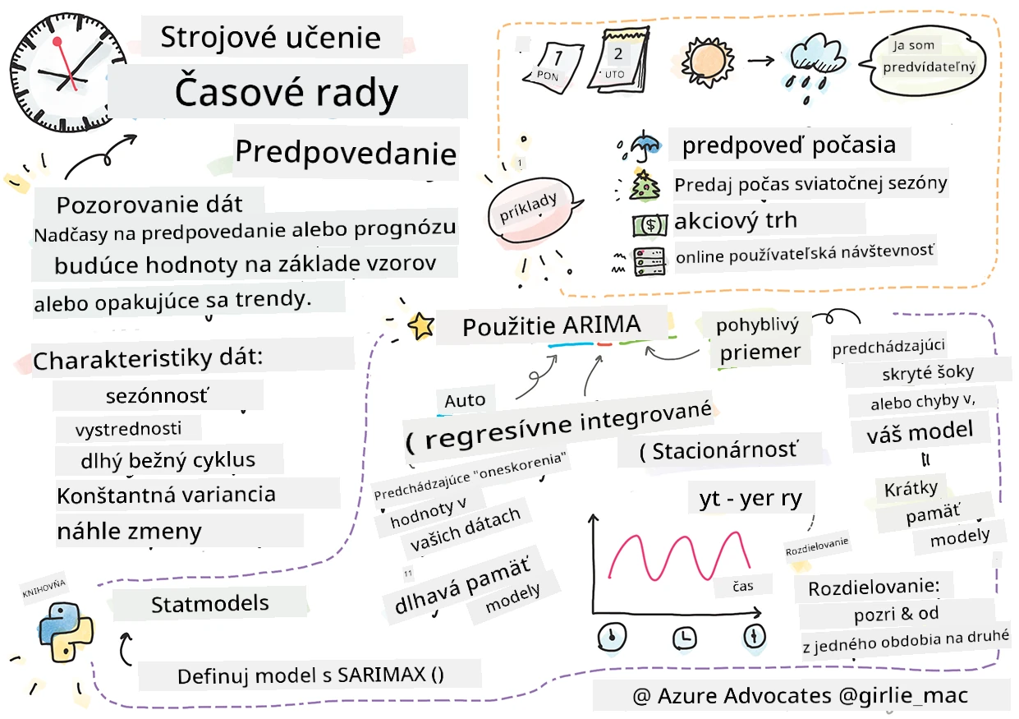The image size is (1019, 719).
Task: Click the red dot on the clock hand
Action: tap(57, 42)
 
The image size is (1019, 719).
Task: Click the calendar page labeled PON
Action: tap(553, 68)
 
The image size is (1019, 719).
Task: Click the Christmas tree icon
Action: tap(643, 186)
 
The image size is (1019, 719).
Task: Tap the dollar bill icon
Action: tap(650, 225)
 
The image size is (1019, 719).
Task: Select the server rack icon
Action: tap(649, 261)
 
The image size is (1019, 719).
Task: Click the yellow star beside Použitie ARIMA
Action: tap(421, 326)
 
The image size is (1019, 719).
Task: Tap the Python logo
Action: tap(67, 632)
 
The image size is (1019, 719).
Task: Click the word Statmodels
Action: tap(209, 604)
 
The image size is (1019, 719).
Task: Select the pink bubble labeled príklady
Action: tap(530, 210)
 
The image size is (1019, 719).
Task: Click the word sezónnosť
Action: tap(158, 396)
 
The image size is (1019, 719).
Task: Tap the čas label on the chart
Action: tap(743, 586)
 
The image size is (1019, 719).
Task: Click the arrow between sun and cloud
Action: tap(760, 60)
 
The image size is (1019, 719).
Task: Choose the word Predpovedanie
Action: tap(346, 152)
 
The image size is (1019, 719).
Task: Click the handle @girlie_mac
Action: tap(903, 696)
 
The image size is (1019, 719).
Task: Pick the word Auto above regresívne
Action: tap(465, 401)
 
